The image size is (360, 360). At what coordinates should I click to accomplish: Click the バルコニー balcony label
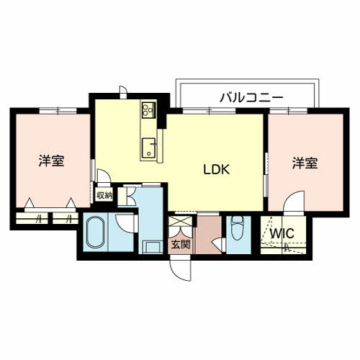(251, 98)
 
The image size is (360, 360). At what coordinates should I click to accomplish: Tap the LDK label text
(217, 169)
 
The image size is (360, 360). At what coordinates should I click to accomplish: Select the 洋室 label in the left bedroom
(52, 161)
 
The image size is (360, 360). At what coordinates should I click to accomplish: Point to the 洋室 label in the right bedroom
(305, 163)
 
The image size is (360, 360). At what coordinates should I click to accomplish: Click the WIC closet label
(282, 233)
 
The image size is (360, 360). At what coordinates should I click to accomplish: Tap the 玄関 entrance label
(181, 245)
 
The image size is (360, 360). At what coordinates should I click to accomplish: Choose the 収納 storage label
(104, 196)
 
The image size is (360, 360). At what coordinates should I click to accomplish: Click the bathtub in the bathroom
(96, 233)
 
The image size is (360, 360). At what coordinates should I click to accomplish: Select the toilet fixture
(238, 228)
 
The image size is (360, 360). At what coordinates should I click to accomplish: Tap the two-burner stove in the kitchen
(148, 110)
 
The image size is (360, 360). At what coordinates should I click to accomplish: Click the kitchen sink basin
(148, 148)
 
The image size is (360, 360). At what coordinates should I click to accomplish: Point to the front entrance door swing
(180, 268)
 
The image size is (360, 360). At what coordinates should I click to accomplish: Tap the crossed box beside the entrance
(180, 221)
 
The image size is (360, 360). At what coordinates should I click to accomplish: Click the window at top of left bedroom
(58, 111)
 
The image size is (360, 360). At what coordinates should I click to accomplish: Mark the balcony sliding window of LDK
(209, 111)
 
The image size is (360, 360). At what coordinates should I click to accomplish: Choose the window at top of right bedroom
(289, 111)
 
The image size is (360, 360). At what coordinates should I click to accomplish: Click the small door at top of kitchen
(123, 92)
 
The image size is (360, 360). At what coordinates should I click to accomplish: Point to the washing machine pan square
(152, 247)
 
